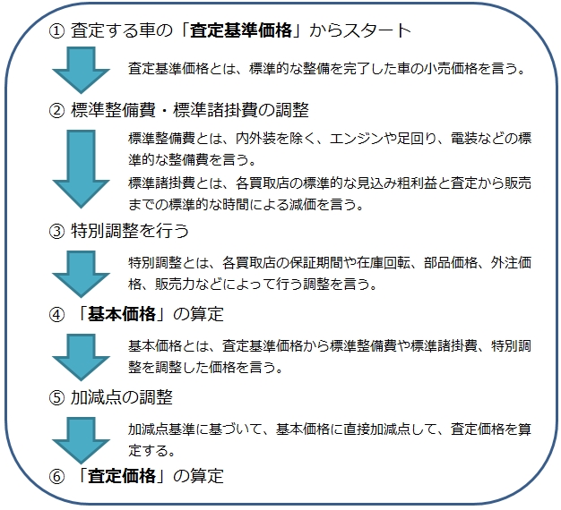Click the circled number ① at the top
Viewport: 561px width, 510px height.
pyautogui.click(x=56, y=30)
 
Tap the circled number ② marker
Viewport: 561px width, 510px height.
pyautogui.click(x=56, y=110)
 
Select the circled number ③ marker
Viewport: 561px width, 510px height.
pyautogui.click(x=56, y=231)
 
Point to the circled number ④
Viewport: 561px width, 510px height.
pyautogui.click(x=56, y=315)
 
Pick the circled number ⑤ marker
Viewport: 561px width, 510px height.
pyautogui.click(x=56, y=397)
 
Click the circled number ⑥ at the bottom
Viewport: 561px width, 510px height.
pyautogui.click(x=56, y=477)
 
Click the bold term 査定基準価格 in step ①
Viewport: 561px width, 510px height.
pyautogui.click(x=241, y=30)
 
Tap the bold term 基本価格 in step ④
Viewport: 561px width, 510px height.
pyautogui.click(x=122, y=314)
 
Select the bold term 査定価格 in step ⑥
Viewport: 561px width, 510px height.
pyautogui.click(x=122, y=476)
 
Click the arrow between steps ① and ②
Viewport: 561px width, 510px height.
pyautogui.click(x=81, y=70)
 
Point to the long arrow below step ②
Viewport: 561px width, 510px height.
pyautogui.click(x=81, y=169)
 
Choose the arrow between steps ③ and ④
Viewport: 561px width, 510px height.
pyautogui.click(x=81, y=274)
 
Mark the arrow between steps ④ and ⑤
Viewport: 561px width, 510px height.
pyautogui.click(x=81, y=357)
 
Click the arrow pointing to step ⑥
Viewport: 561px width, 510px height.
pyautogui.click(x=81, y=440)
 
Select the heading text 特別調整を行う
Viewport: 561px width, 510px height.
pyautogui.click(x=130, y=231)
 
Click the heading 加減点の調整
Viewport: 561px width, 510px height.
pyautogui.click(x=122, y=397)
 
